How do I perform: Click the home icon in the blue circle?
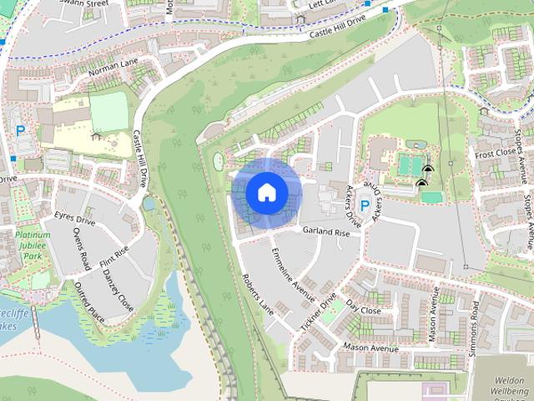pos(266,193)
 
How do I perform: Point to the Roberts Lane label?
pos(257,292)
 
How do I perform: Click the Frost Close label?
pos(495,154)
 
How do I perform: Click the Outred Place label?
pos(89,301)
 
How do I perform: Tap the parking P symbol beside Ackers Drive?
pos(364,205)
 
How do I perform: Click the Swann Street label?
pos(85,4)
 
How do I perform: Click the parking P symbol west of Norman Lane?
pos(20,130)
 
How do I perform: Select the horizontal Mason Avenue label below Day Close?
pos(371,347)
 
